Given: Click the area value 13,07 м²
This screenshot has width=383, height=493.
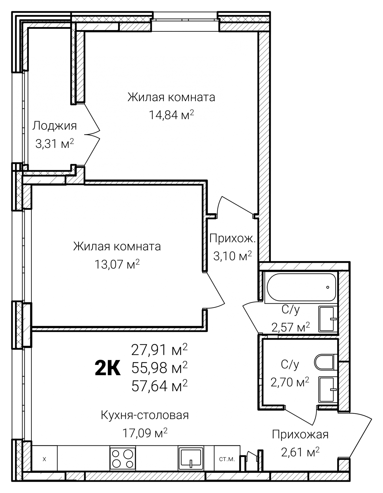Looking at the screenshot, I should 117,264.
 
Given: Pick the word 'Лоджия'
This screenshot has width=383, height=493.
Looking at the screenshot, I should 54,126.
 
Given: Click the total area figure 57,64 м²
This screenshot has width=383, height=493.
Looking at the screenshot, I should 159,385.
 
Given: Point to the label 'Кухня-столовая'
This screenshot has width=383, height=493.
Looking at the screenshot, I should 145,415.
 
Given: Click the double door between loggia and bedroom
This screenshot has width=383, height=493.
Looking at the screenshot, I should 92,134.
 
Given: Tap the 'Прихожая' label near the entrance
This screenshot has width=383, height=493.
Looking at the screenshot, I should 300,435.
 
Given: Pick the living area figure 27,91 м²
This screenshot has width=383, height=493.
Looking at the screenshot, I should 159,350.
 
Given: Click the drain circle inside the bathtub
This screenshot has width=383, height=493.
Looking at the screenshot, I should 328,287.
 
